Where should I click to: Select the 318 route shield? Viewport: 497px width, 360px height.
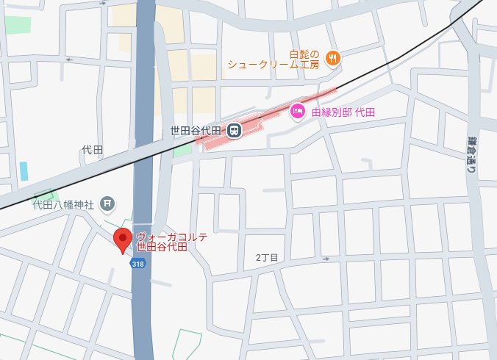click(x=137, y=263)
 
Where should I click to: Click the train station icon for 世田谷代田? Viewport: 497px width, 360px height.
click(x=233, y=131)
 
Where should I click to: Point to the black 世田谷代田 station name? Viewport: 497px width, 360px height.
click(x=196, y=132)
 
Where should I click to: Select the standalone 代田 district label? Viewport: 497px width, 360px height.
click(x=92, y=150)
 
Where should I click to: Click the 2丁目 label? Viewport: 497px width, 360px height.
click(x=267, y=257)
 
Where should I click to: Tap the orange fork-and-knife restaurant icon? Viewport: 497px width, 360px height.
click(x=332, y=57)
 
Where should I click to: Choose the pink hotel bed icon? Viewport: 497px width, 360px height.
click(x=298, y=111)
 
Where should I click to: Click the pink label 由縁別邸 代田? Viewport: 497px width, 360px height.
click(x=343, y=112)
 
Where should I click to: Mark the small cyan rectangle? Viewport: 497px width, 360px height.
click(x=24, y=170)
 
